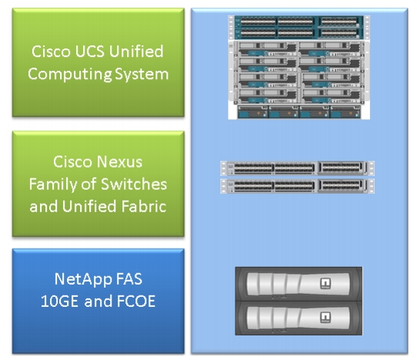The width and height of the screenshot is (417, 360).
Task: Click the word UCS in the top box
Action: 90,51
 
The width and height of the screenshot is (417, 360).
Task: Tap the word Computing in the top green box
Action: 70,74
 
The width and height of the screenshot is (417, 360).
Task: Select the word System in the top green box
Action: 142,74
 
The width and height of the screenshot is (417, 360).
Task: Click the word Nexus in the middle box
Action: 120,162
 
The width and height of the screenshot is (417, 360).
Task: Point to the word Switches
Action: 134,184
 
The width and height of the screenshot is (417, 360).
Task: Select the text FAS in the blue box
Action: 129,279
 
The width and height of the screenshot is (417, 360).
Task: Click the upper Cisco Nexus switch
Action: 297,168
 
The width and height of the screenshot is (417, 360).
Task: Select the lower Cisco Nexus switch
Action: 297,186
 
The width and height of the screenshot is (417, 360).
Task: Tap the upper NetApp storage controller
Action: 299,284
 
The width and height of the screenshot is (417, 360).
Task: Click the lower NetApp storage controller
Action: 299,318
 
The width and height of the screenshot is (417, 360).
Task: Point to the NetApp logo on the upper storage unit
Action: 325,283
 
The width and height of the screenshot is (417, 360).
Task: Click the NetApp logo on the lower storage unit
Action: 325,318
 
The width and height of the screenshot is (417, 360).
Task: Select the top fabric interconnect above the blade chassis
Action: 299,22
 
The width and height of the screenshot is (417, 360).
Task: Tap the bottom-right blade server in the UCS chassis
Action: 331,96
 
